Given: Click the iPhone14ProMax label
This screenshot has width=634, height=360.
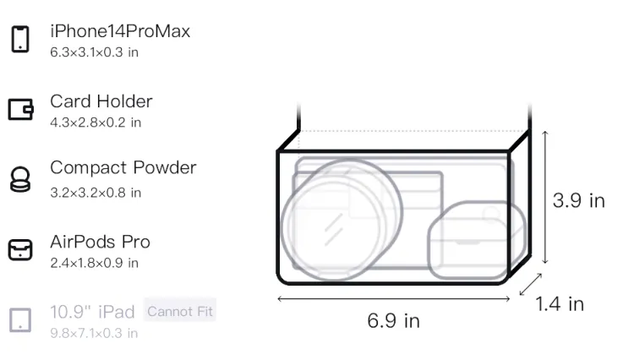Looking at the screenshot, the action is click(120, 31).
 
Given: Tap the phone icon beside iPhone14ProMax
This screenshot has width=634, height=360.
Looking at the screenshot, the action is click(20, 39).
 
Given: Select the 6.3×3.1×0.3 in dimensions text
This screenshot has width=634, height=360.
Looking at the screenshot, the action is click(94, 52).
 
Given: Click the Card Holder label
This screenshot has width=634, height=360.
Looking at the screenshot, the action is click(101, 101).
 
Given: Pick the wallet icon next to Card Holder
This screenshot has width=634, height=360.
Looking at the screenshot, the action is click(20, 109).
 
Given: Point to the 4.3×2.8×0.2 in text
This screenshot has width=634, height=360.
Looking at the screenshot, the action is click(96, 123).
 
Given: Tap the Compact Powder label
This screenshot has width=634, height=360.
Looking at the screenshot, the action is click(123, 167).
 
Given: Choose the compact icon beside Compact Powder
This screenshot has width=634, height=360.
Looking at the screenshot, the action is click(20, 179).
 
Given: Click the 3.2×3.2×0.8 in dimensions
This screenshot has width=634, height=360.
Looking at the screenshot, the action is click(96, 193).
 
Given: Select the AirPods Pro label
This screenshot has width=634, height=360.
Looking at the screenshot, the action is click(101, 242).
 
